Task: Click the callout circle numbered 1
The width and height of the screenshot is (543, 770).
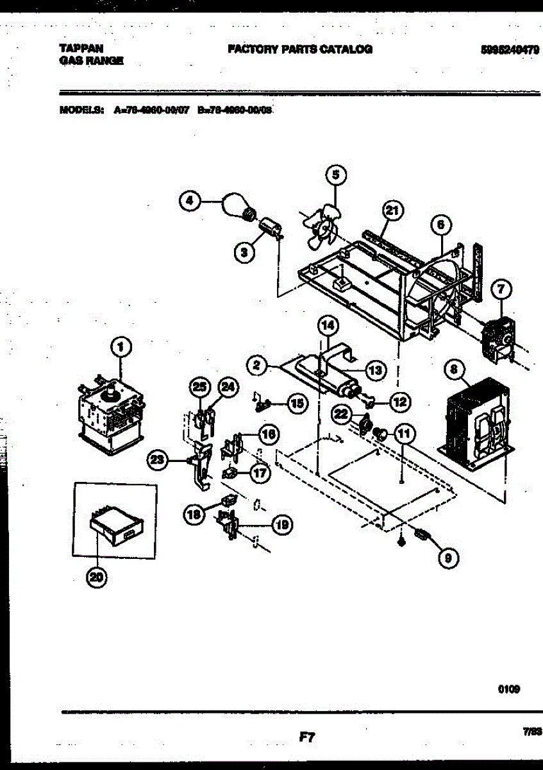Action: point(120,348)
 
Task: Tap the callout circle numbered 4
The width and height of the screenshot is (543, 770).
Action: point(189,201)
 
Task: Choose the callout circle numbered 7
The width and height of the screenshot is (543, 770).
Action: point(501,291)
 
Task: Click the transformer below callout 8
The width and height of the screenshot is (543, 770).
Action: point(476,420)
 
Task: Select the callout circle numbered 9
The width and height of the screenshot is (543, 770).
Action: point(447,559)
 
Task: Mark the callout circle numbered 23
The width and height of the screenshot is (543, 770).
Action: point(158,459)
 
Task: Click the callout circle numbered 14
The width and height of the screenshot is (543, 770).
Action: point(328,325)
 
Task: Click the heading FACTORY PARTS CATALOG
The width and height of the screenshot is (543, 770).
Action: point(299,49)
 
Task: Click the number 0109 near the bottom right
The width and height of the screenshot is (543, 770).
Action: point(508,689)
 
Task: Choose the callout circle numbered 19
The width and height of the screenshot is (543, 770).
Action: point(280,525)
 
